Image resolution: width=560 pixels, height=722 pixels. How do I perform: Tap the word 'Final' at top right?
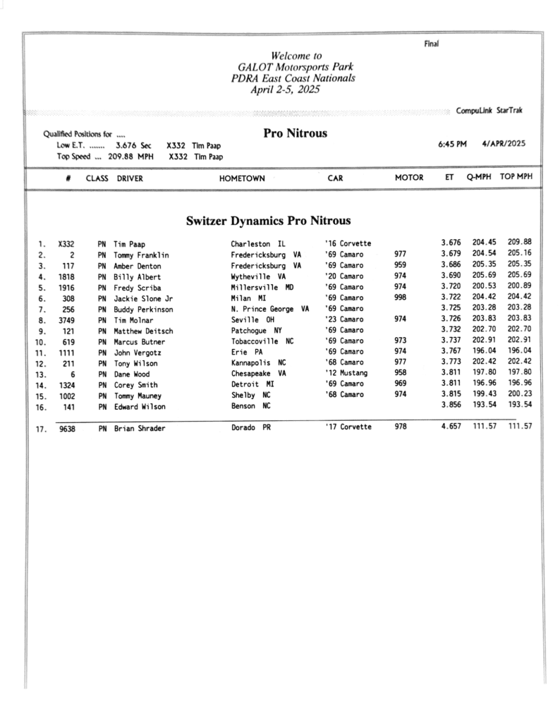[432, 44]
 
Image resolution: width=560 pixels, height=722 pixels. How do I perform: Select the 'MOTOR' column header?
[409, 178]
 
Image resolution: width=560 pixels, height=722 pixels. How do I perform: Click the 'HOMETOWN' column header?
[242, 179]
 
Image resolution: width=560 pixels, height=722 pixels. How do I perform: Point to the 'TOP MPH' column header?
[516, 178]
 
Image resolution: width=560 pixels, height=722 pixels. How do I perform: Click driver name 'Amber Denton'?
[137, 266]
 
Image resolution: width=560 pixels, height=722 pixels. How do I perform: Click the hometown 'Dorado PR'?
[251, 427]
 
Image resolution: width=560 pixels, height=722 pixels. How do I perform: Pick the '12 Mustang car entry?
[346, 373]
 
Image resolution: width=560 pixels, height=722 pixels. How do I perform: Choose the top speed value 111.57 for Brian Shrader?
[520, 427]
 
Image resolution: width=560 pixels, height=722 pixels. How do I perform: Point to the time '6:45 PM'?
[453, 144]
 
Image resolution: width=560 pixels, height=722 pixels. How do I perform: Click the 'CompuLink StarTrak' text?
[489, 111]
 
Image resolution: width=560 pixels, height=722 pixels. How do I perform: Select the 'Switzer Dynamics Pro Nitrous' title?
[268, 221]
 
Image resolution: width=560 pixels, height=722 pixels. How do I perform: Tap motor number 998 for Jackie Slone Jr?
[400, 298]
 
